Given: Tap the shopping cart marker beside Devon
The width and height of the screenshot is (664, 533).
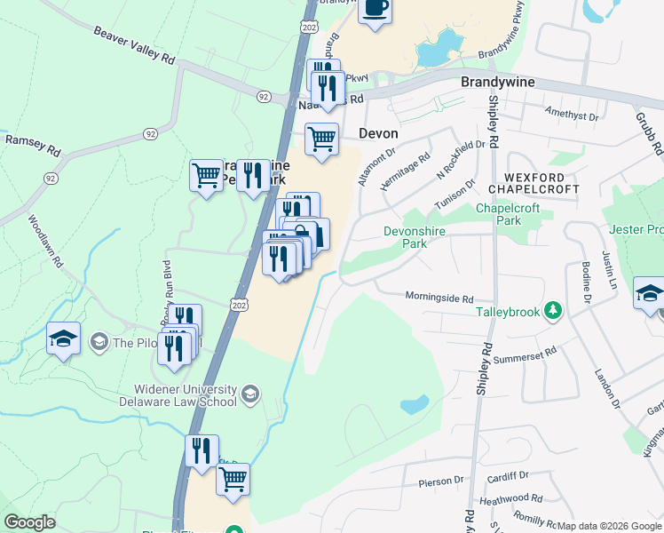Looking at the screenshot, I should [x=321, y=139].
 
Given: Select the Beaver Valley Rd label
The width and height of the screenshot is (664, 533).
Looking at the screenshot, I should [x=134, y=44].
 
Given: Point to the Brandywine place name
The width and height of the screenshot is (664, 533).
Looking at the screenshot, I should [x=498, y=82].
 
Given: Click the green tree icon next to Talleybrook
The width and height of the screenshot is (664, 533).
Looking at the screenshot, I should [x=553, y=310].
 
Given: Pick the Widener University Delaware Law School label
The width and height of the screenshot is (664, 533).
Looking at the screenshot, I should [x=186, y=395].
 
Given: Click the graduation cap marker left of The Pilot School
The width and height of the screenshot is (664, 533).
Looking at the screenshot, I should [x=64, y=338].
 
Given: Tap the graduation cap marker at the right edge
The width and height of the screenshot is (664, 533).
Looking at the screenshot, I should [x=649, y=293].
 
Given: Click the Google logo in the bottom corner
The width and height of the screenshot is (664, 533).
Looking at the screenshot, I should [x=29, y=521].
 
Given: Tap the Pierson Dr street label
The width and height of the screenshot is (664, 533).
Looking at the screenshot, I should [x=441, y=481].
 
